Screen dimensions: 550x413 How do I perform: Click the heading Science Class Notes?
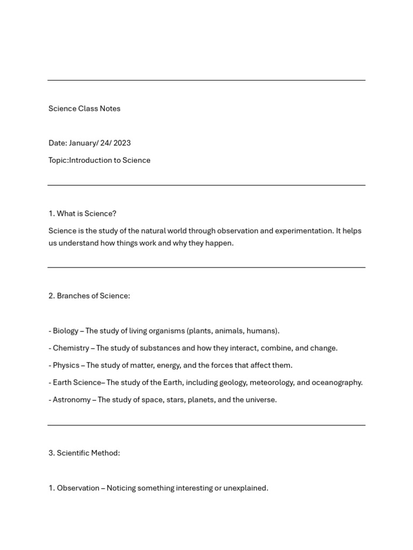coord(84,108)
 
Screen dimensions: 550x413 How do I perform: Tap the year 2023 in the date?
coord(122,143)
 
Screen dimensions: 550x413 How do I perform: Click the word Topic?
coord(58,160)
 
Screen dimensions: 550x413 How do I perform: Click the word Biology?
coord(66,331)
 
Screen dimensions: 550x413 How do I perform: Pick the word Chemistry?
coord(71,348)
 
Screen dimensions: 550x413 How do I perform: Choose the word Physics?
coord(66,365)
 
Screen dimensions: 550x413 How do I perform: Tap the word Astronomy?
coord(72,400)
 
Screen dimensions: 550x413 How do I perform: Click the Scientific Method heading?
coord(88,453)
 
